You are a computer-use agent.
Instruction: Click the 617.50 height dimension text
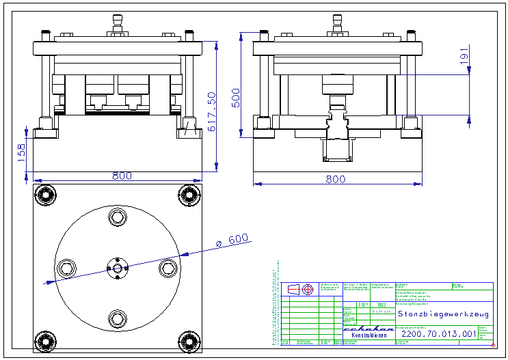[x=212, y=111]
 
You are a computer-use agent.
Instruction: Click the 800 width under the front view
[x=122, y=176]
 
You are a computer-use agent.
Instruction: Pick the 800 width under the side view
[x=335, y=180]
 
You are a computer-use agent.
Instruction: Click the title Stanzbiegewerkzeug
[x=443, y=314]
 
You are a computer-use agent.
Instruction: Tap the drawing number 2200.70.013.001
[x=438, y=334]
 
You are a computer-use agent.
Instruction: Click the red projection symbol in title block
[x=308, y=289]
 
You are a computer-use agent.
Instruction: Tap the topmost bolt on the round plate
[x=117, y=218]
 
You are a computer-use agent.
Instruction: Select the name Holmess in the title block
[x=382, y=311]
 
